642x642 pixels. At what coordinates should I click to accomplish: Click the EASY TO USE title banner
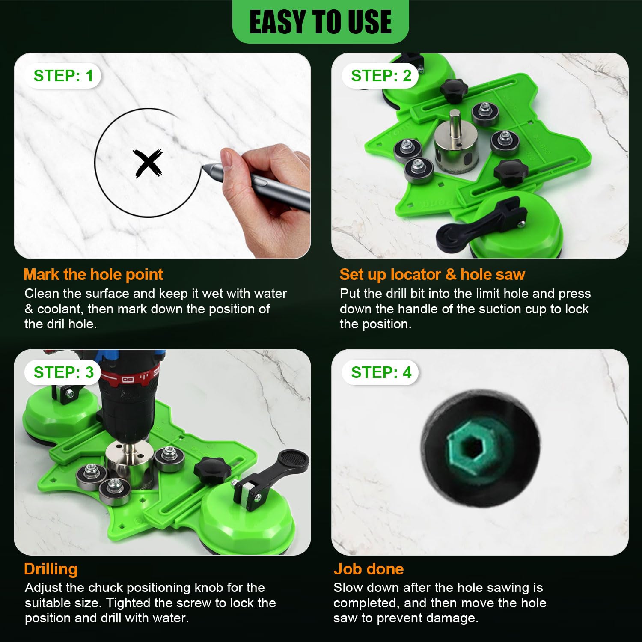point(320,22)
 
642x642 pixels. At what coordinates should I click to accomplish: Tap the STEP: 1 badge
point(63,76)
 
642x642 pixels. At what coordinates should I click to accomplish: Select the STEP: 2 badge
point(380,76)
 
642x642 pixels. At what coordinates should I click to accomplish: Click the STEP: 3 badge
point(63,372)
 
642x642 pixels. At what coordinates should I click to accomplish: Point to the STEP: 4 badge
point(380,372)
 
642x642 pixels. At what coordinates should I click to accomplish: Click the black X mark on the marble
point(147,163)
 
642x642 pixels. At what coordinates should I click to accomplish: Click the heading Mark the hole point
point(93,274)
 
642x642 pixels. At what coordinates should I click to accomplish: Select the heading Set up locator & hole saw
point(432,274)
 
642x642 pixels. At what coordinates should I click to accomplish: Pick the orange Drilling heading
point(51,569)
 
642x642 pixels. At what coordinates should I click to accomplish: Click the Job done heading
point(369,569)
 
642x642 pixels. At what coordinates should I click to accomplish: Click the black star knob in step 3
point(209,468)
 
